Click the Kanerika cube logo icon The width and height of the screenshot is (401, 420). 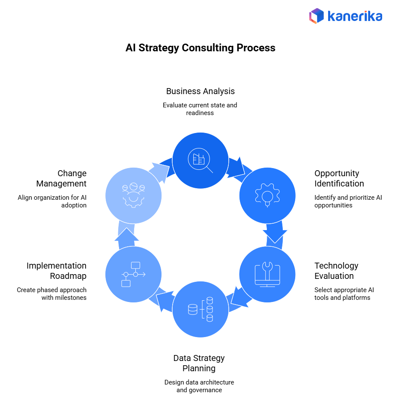click(317, 16)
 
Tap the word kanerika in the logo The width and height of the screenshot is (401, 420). click(354, 16)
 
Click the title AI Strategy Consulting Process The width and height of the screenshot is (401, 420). click(200, 47)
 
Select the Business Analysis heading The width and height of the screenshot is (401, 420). click(200, 91)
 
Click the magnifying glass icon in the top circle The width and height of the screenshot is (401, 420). click(200, 161)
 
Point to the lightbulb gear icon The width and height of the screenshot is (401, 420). click(267, 195)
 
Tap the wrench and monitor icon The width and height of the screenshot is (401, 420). click(267, 274)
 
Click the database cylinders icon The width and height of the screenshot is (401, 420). click(200, 309)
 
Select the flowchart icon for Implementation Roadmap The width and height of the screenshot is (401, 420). click(133, 274)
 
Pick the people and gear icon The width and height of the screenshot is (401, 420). click(133, 195)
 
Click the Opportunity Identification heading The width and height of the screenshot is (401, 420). click(339, 178)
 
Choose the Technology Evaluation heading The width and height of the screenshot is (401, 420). click(336, 271)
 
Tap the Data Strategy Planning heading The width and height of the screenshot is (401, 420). click(199, 363)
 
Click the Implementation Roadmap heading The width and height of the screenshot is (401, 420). click(56, 271)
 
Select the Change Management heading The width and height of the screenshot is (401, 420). click(61, 178)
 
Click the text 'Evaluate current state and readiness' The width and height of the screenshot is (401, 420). click(200, 109)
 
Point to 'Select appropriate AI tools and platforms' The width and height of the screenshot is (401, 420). click(344, 293)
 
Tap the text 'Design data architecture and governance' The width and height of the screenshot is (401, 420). click(199, 386)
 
